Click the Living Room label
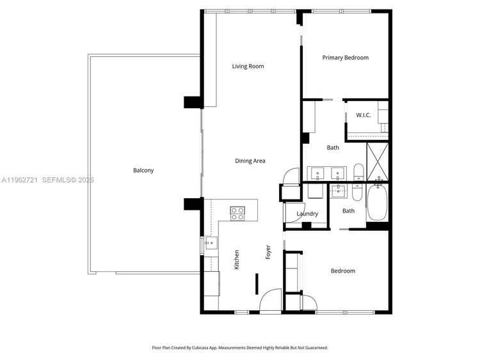coord(248,67)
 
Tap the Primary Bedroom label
coord(346,58)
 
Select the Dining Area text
coord(250,161)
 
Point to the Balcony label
coord(143,170)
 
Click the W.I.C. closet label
coord(364,115)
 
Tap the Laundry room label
coord(307,214)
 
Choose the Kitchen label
coord(236,260)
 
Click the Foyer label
coord(268,252)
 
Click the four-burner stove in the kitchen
coord(237,214)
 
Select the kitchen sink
coord(211,242)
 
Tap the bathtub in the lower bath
coord(377,201)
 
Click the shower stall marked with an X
coord(378,161)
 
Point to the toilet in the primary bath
coord(358,172)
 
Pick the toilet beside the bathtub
coord(357,192)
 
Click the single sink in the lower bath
coord(339,191)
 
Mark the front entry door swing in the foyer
coord(270,301)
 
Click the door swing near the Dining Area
coord(291,176)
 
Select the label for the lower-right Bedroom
coord(343,271)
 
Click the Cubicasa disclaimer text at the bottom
coord(240,348)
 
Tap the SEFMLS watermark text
coord(68,180)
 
